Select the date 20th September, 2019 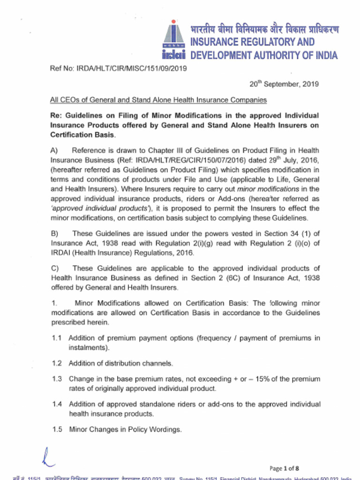point(284,84)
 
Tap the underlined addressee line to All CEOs point(158,100)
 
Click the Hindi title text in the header point(264,29)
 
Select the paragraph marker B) point(54,233)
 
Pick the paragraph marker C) point(54,268)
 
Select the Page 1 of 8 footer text point(284,468)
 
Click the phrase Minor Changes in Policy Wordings point(125,429)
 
